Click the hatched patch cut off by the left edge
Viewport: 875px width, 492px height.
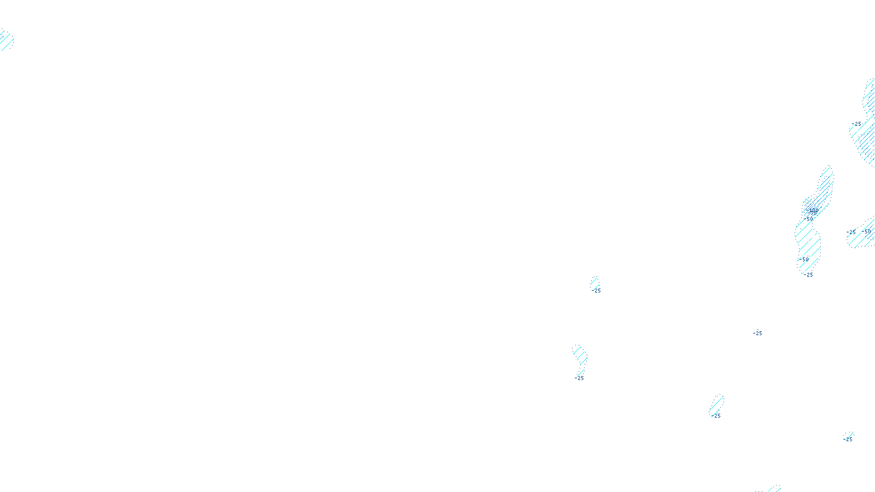tap(5, 40)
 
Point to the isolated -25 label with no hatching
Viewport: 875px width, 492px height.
tap(757, 333)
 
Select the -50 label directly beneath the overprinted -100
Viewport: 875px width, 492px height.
tap(809, 219)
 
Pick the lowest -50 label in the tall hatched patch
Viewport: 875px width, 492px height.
tap(804, 259)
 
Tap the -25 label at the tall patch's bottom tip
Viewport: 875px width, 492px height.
tap(808, 275)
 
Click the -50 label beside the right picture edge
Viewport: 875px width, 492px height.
tap(867, 231)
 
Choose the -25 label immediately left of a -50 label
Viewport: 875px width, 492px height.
tap(851, 232)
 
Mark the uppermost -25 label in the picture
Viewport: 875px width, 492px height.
tap(856, 124)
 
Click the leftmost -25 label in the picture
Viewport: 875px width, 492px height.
tap(580, 378)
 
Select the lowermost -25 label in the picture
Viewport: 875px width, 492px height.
tap(848, 440)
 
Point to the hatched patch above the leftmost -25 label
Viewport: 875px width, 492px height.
tap(580, 355)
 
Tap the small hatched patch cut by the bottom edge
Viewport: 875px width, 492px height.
tap(774, 488)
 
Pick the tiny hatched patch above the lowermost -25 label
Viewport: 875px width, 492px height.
tap(848, 435)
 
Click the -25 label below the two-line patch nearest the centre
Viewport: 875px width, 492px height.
tap(597, 291)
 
